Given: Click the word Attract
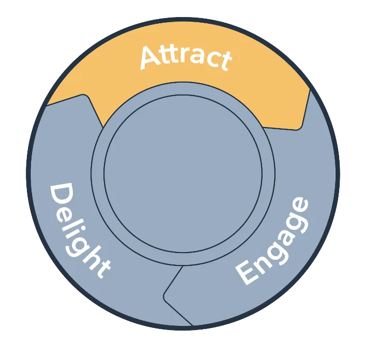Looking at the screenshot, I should coord(185,57).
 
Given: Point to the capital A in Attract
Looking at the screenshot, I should coord(150,57).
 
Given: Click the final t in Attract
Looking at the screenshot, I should coord(224,61).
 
